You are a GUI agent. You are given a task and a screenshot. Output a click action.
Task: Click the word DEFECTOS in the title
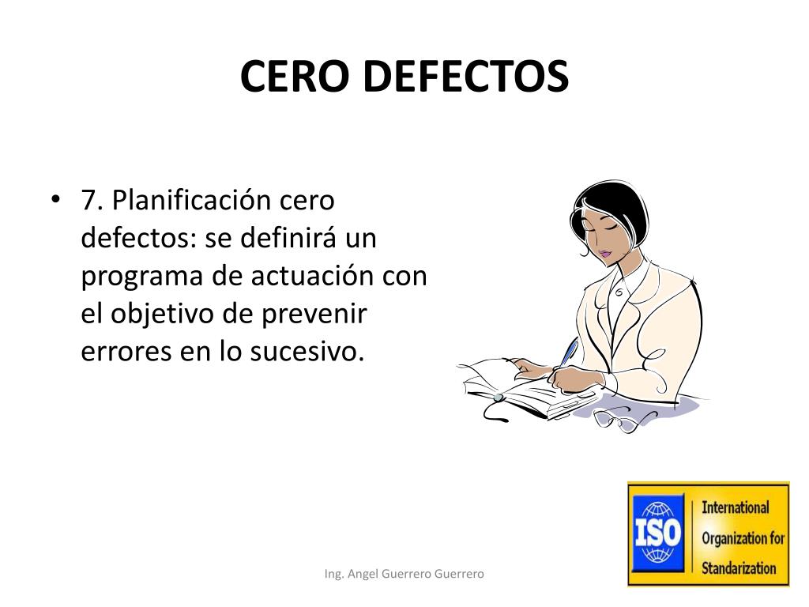pyautogui.click(x=465, y=77)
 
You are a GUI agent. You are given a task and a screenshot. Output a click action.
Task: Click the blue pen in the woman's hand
pyautogui.click(x=567, y=353)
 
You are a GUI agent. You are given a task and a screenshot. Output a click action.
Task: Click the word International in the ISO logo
pyautogui.click(x=735, y=507)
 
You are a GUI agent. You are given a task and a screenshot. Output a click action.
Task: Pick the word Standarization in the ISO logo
pyautogui.click(x=739, y=567)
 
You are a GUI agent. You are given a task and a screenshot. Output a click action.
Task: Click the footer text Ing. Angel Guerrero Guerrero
pyautogui.click(x=404, y=574)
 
